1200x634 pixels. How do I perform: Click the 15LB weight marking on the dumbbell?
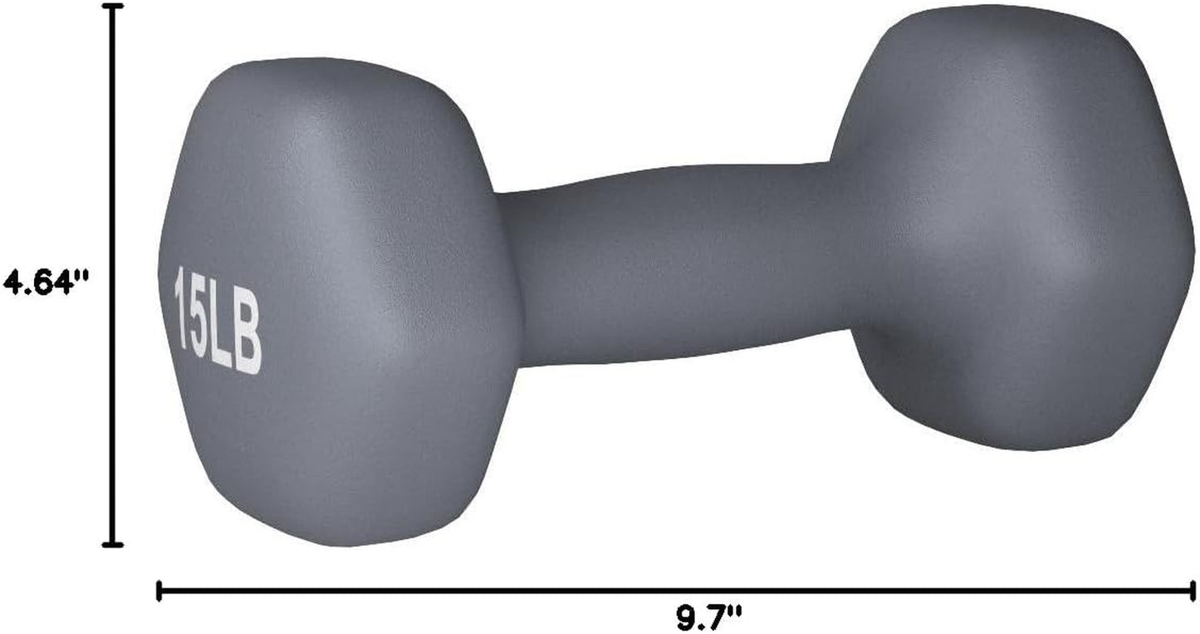click(218, 320)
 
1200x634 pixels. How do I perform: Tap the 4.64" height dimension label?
click(45, 281)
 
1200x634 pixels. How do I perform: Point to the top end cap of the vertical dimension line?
click(112, 6)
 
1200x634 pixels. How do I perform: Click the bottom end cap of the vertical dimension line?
click(112, 545)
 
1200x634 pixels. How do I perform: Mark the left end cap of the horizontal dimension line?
click(159, 591)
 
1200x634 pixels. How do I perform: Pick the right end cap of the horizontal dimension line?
click(1193, 591)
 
